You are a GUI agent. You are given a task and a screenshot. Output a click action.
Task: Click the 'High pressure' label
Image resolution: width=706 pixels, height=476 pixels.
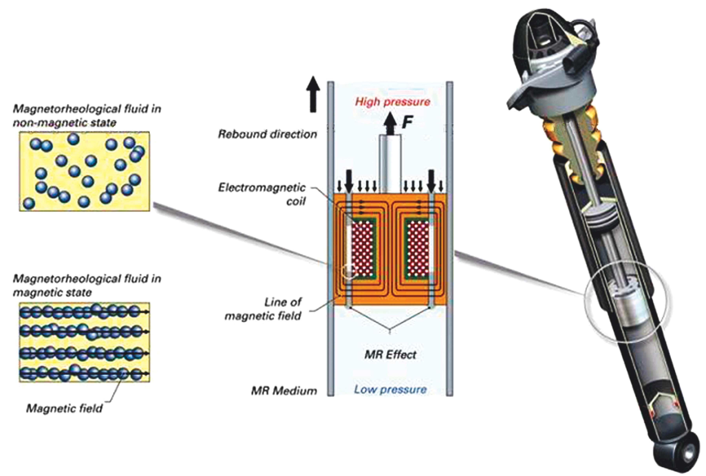point(393,102)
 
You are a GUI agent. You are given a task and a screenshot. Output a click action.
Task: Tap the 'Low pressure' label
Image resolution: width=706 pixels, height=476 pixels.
point(390,390)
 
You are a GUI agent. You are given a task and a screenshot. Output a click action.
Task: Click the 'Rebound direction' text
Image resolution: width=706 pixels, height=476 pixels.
point(267,134)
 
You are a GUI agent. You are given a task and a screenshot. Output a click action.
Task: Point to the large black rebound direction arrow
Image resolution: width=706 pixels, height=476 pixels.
point(313,94)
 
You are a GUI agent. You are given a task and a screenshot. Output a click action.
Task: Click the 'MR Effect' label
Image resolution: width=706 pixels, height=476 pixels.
point(390,355)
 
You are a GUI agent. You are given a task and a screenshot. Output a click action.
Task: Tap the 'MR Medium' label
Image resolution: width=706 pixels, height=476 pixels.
point(284,391)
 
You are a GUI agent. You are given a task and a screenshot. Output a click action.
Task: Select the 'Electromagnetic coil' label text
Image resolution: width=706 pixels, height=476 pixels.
point(262,194)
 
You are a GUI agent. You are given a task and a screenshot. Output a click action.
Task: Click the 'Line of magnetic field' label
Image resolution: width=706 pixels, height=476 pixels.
point(263,309)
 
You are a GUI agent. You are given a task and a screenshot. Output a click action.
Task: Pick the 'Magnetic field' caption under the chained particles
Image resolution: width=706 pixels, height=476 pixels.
point(64,408)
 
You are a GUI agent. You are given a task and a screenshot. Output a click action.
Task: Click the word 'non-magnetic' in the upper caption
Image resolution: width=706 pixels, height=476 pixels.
point(43,123)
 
